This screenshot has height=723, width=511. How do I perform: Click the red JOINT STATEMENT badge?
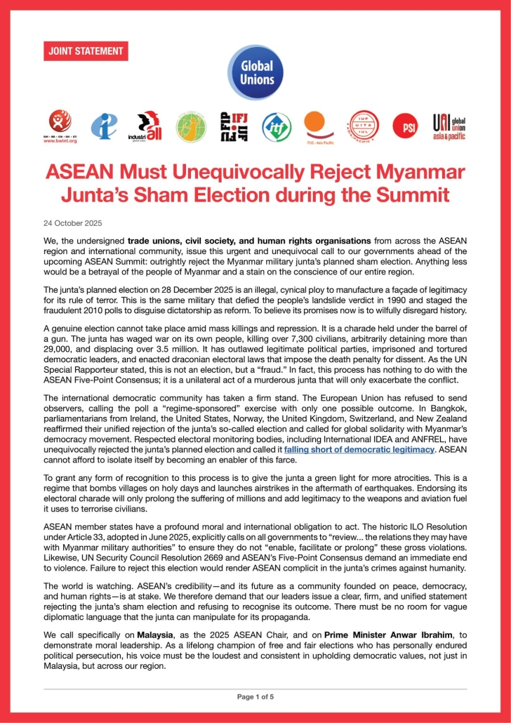pyautogui.click(x=86, y=51)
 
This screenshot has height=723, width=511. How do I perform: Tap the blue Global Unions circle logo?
pyautogui.click(x=255, y=74)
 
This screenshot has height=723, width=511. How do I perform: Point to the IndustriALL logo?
pyautogui.click(x=145, y=127)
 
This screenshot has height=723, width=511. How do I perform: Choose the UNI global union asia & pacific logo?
pyautogui.click(x=449, y=127)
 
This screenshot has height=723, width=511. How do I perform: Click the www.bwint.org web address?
pyautogui.click(x=60, y=140)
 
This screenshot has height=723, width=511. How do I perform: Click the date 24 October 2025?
pyautogui.click(x=72, y=223)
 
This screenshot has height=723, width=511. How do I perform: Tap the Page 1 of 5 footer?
pyautogui.click(x=255, y=696)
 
